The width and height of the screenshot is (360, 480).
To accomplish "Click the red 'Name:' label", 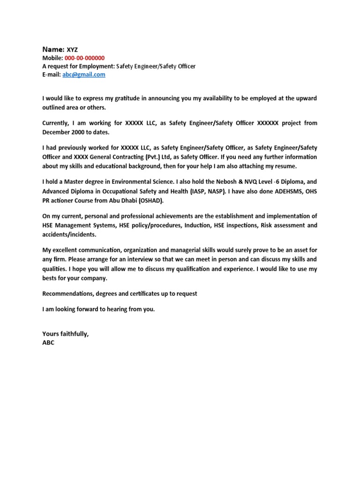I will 52,49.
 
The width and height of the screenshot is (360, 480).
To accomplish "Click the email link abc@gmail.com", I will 84,75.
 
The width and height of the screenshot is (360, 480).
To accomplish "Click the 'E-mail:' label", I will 52,75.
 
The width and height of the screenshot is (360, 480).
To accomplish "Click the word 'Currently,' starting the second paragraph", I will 57,123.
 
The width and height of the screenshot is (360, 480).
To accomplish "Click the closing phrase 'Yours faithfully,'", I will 66,334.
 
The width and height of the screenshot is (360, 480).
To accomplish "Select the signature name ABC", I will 48,342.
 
